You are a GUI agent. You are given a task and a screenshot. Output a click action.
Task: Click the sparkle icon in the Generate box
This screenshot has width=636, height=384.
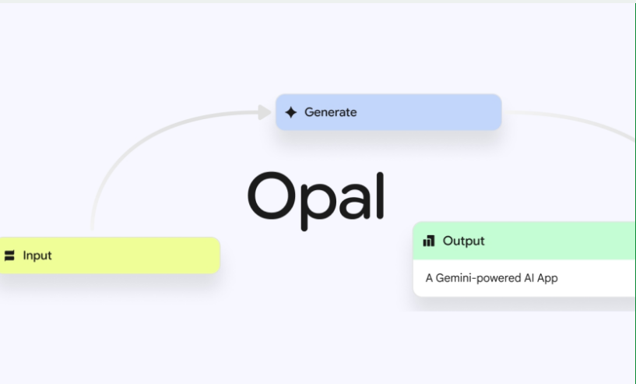291,112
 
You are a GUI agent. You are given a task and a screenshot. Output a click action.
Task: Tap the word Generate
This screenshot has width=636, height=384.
331,112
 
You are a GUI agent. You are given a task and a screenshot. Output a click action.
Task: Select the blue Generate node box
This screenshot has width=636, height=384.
388,112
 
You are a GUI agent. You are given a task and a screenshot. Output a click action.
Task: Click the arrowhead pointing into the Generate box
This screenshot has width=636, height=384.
265,112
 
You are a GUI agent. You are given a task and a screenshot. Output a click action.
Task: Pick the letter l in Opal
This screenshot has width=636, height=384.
380,196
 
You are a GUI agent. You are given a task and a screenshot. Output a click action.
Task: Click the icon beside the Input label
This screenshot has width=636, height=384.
9,255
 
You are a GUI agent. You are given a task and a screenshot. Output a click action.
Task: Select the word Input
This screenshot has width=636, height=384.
37,255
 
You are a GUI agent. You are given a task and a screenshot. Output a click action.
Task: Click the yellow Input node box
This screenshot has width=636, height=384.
110,255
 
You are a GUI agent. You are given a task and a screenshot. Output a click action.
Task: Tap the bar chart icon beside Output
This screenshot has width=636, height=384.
429,241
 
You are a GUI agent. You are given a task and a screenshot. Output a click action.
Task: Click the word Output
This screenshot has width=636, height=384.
464,241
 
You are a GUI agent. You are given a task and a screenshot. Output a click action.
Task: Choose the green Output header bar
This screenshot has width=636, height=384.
524,241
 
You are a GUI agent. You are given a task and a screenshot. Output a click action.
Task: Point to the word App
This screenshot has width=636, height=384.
547,279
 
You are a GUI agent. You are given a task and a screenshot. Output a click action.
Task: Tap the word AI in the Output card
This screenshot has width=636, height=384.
529,278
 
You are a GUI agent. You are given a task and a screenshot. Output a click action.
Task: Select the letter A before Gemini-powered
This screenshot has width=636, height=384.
429,278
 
